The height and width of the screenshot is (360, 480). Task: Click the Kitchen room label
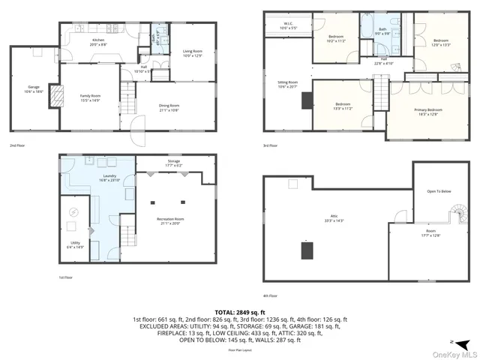click(98, 40)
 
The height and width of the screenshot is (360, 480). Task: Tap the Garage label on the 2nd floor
click(34, 88)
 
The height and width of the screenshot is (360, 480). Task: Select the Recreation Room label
click(172, 220)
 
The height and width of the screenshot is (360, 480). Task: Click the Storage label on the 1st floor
click(173, 162)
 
